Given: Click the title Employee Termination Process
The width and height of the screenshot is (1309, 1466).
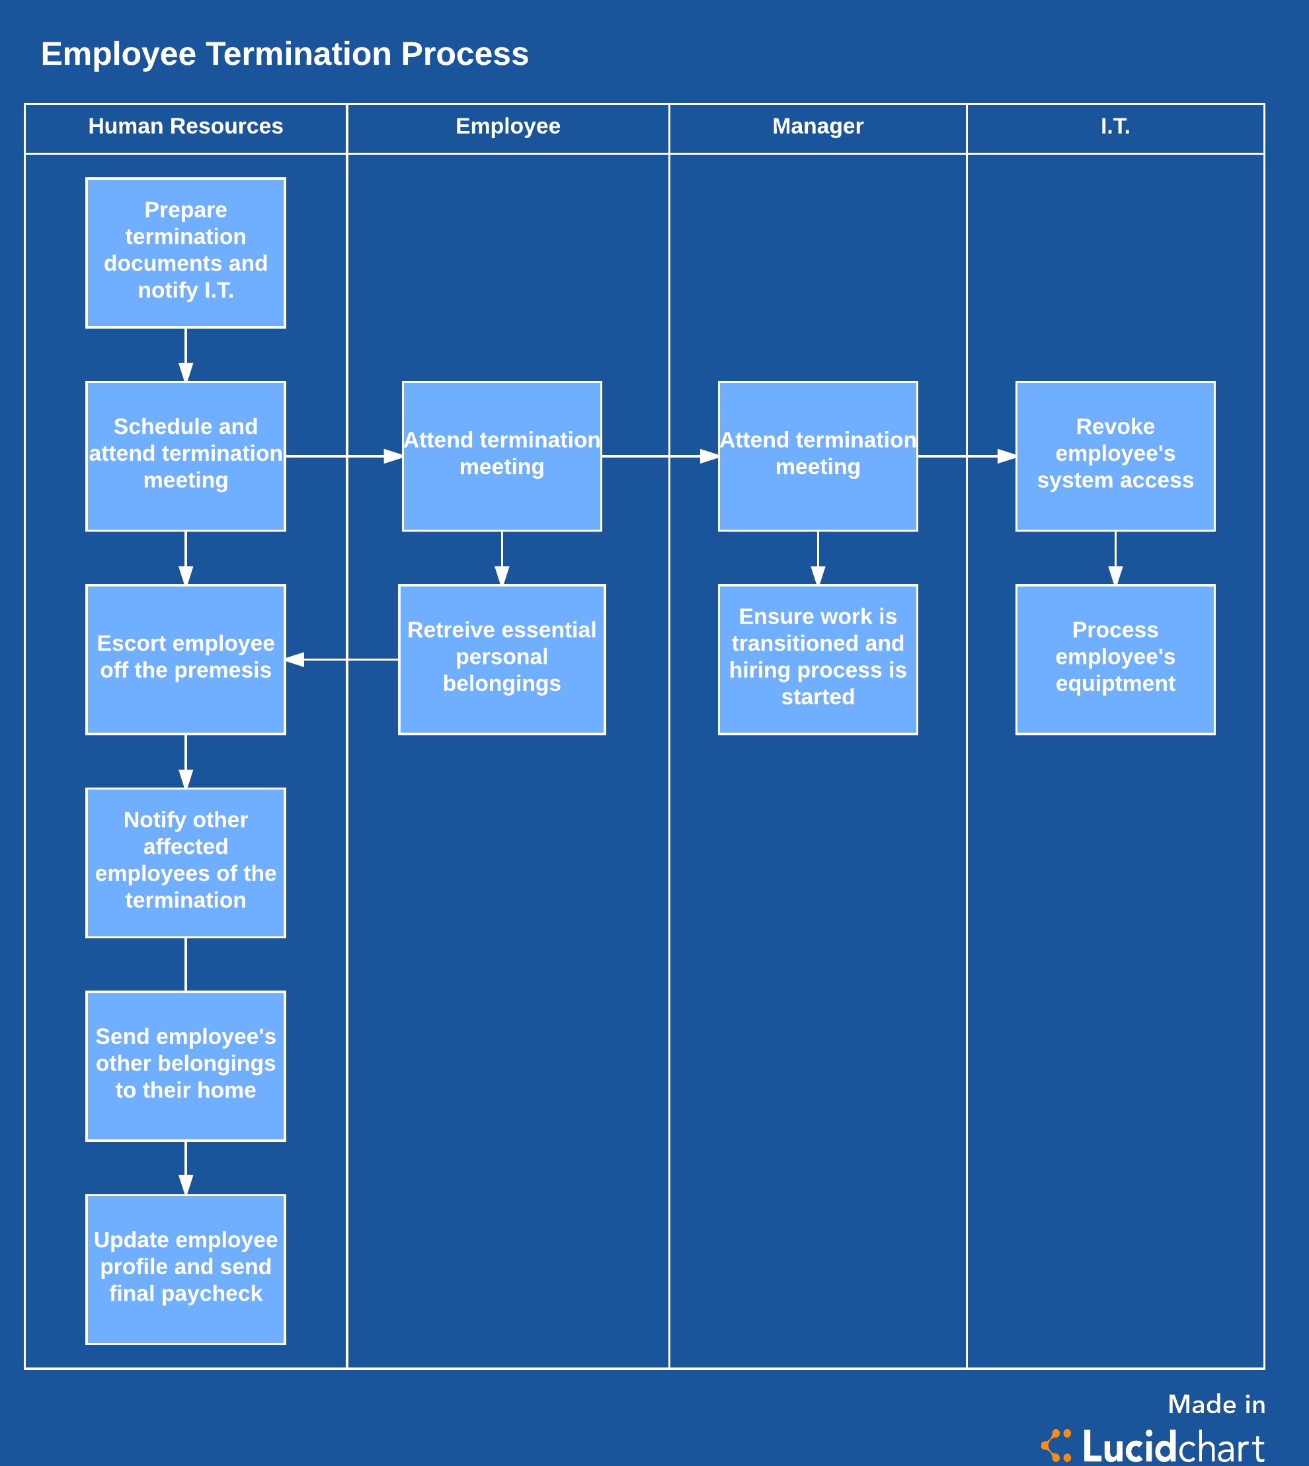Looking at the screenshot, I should pos(285,54).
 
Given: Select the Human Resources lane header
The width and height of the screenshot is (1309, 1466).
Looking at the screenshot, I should pos(186,126).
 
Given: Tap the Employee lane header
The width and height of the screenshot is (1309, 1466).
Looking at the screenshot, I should pos(508,126).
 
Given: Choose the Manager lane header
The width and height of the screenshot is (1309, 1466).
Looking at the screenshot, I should pos(818,126).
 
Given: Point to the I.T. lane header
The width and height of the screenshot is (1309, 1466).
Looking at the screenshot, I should pos(1115,126).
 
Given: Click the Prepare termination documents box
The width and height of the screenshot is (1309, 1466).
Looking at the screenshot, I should pos(186,253).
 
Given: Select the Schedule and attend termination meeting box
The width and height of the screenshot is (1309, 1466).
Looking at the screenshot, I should pos(186,456).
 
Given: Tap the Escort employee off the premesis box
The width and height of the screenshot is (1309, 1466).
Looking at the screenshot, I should pos(186,659).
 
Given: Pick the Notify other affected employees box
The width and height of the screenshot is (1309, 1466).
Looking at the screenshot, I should pos(186,862).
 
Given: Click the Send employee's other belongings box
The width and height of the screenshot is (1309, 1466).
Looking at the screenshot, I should pos(186,1065).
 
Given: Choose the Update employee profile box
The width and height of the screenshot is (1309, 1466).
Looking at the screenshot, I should pos(186,1269).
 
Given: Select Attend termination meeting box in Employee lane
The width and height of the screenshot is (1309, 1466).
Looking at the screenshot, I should pos(502,456).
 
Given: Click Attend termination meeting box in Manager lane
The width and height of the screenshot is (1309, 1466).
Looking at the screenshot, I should pos(818,456).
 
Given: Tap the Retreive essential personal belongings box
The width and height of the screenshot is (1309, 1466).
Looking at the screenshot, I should pos(502,659).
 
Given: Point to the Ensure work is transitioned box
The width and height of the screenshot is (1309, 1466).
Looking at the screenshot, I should pos(818,659).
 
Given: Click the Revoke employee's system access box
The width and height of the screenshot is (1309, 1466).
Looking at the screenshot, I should pos(1115,456).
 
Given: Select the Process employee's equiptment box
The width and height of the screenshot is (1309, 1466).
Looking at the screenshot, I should pos(1115,659).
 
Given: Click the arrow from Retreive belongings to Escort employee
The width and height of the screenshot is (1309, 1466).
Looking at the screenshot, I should pos(342,659).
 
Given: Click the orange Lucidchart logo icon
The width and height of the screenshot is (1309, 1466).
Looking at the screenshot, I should pos(1056,1445).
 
